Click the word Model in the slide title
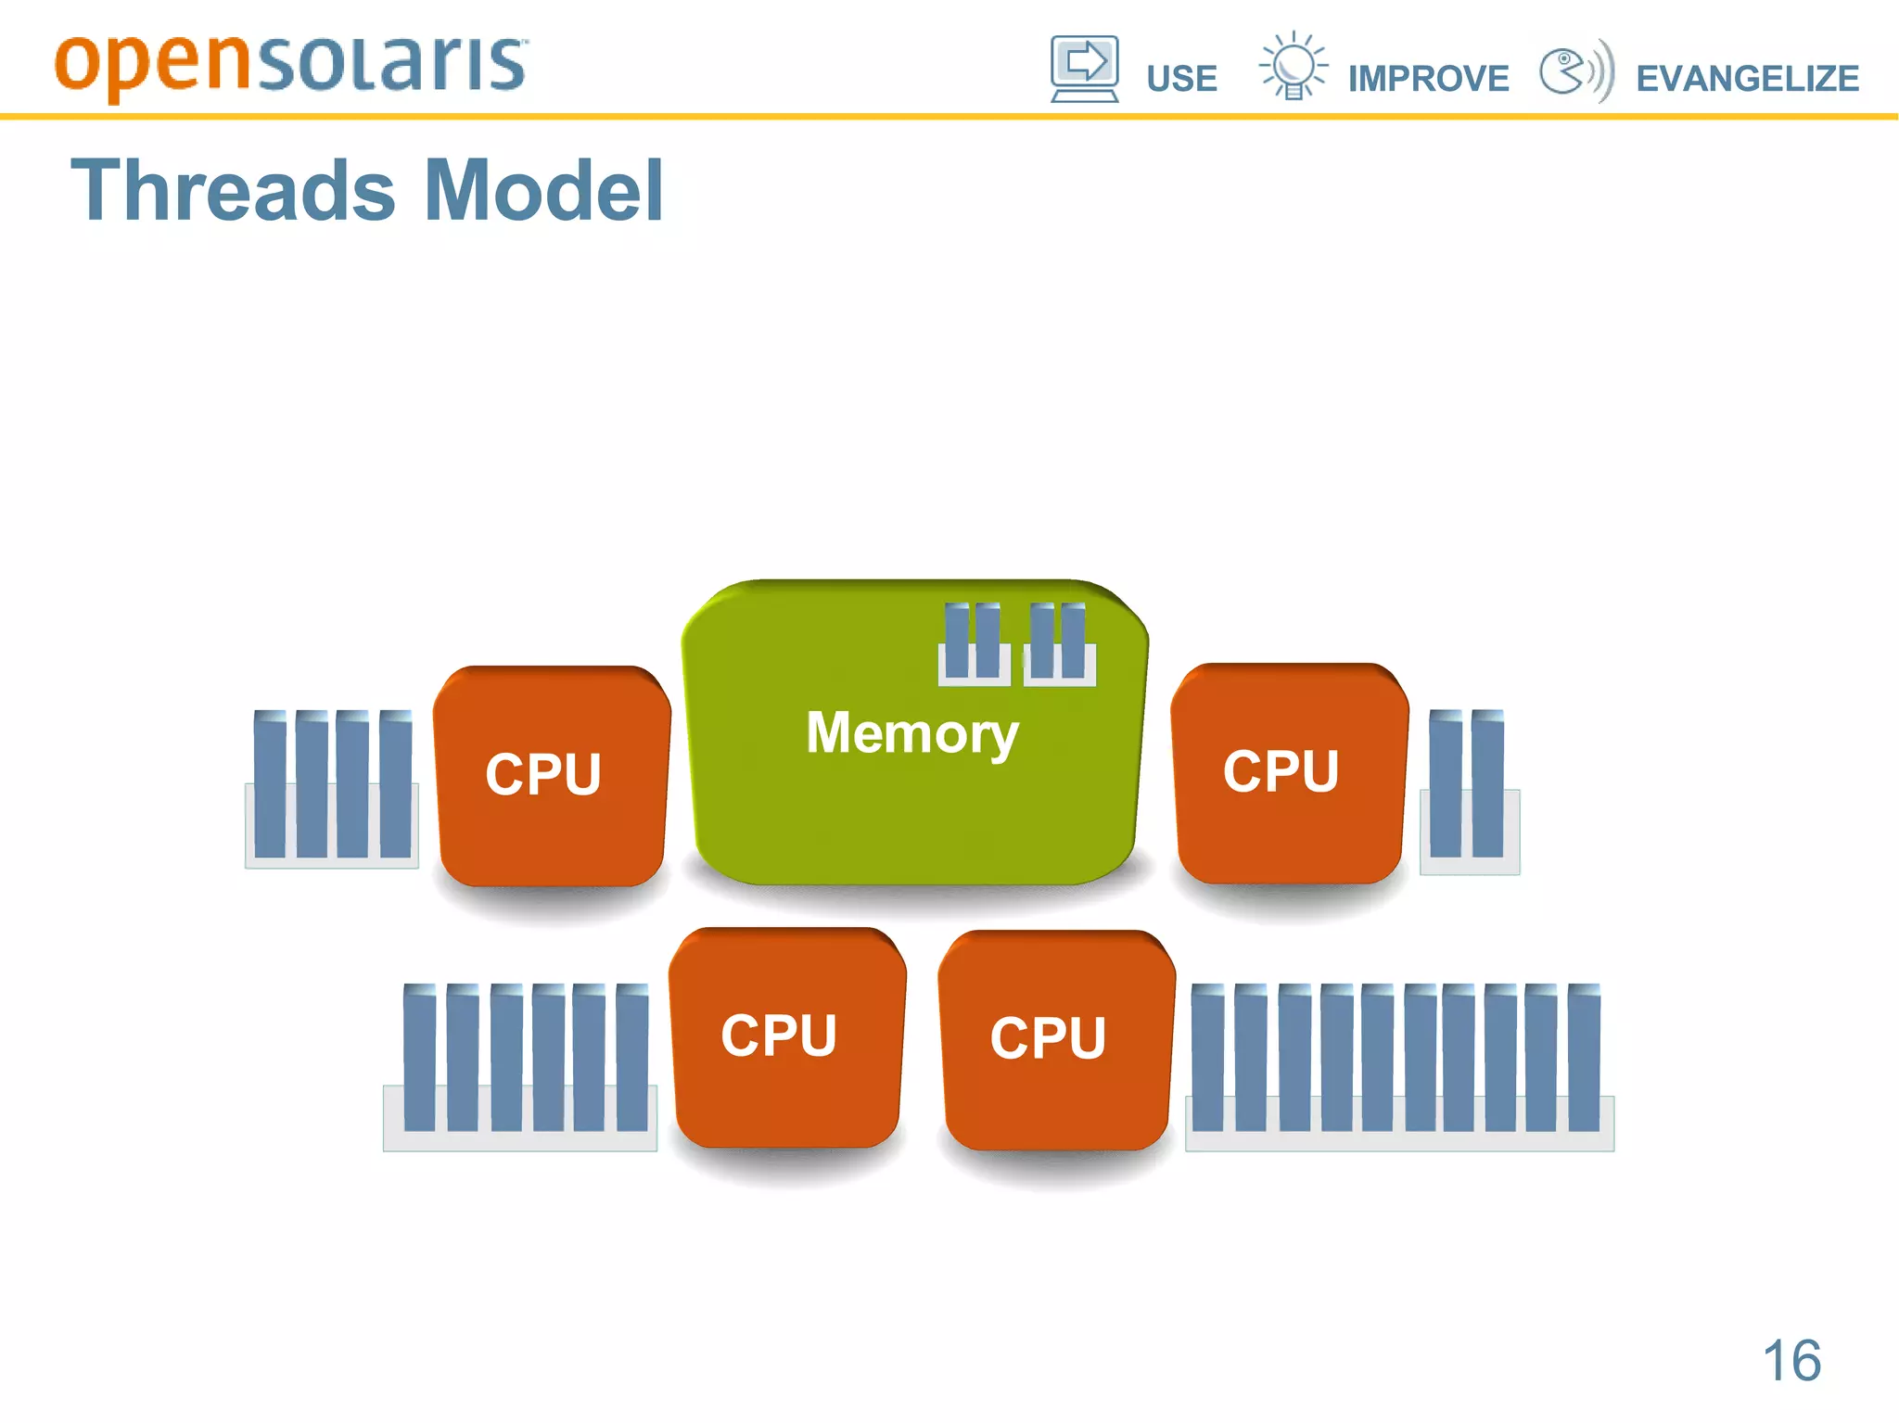[x=543, y=191]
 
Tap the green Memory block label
[x=912, y=732]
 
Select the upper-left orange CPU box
[x=551, y=774]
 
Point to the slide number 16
[x=1791, y=1361]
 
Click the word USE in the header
[x=1181, y=79]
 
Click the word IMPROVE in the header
[x=1428, y=79]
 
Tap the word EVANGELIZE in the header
[x=1747, y=79]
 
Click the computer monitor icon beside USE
[x=1084, y=69]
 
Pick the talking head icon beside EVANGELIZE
[x=1574, y=70]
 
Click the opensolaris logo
[x=291, y=65]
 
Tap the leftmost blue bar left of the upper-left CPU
[x=270, y=784]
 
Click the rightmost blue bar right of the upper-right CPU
[x=1487, y=784]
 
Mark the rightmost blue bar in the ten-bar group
[x=1584, y=1057]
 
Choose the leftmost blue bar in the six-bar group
[x=419, y=1057]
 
